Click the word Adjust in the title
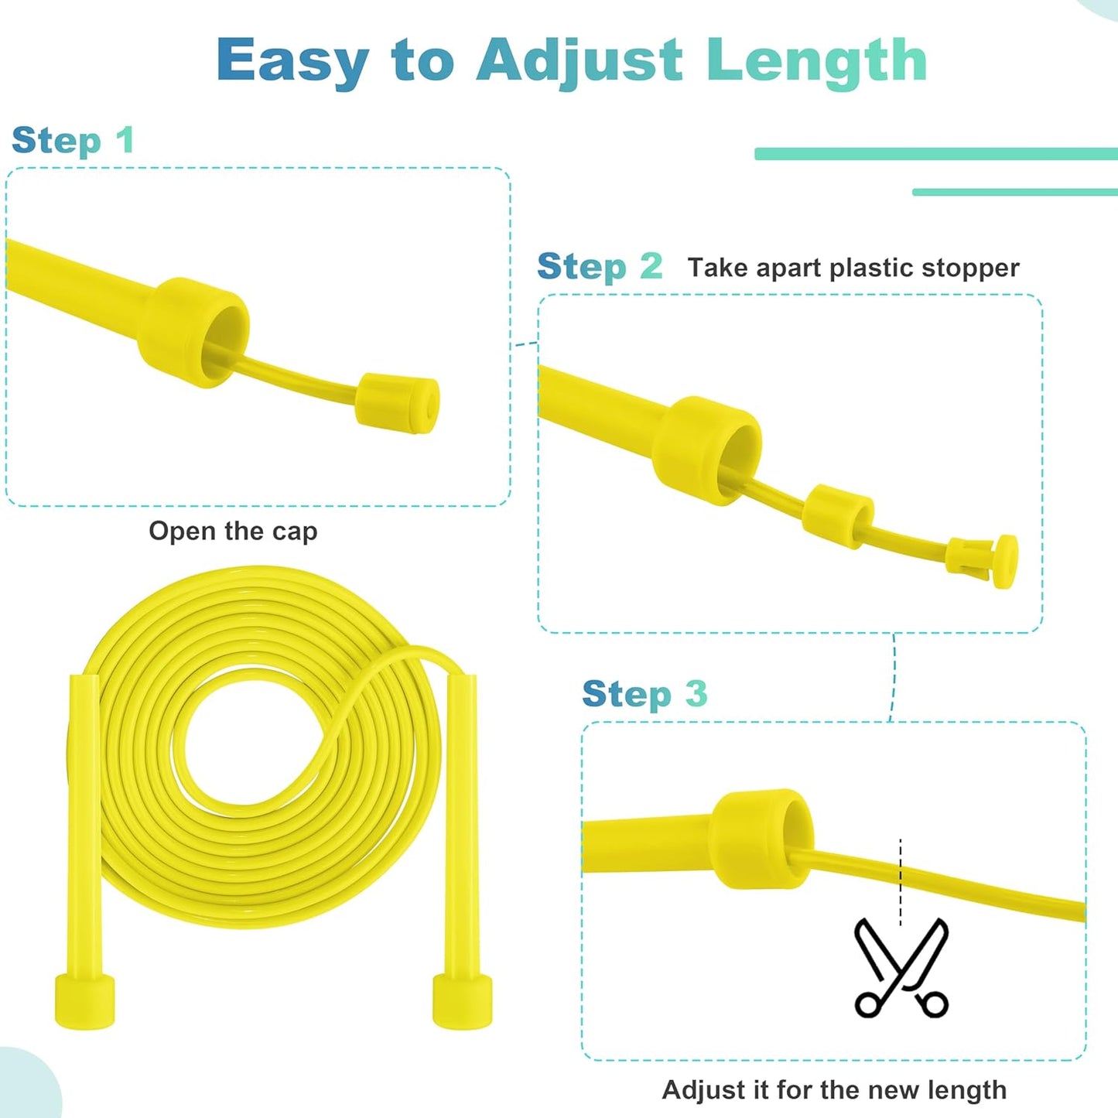580,60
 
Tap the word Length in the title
816,60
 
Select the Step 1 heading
74,141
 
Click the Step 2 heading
600,267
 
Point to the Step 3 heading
644,694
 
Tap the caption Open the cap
233,532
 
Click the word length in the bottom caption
967,1089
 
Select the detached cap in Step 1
398,402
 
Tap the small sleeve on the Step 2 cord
838,516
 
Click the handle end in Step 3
762,839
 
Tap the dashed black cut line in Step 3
901,881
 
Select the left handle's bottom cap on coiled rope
84,1001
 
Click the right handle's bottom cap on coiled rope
462,1001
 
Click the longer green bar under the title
935,154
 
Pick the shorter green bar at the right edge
1014,192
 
